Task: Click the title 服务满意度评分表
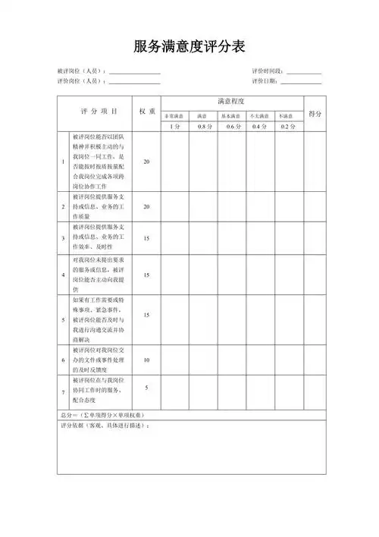coord(189,47)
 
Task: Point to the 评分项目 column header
coord(99,111)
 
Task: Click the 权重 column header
coord(147,111)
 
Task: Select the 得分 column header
coord(315,113)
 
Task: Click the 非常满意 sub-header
coord(174,116)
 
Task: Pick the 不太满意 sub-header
coord(259,116)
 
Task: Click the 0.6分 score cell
coord(231,127)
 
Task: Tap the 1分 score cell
coord(174,127)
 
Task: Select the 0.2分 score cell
coord(287,127)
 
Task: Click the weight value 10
coord(146,360)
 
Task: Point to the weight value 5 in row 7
coord(146,388)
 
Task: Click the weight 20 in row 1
coord(146,162)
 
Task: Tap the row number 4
coord(63,275)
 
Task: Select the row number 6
coord(63,360)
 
